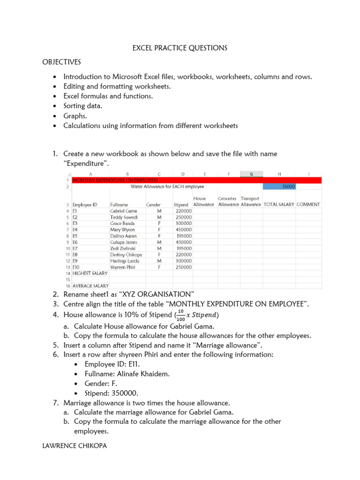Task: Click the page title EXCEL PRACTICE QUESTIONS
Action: tap(180, 48)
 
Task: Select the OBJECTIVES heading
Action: tap(61, 62)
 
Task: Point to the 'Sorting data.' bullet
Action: tap(82, 106)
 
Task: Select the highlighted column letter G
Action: tap(252, 174)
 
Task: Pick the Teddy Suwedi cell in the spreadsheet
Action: tap(124, 217)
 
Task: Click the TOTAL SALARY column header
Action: tap(279, 204)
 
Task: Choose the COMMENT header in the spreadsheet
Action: tap(308, 204)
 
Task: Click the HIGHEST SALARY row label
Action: tap(90, 273)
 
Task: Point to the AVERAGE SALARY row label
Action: tap(90, 285)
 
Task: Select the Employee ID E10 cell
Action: tap(75, 267)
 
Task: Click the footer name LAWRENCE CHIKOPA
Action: tap(75, 446)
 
